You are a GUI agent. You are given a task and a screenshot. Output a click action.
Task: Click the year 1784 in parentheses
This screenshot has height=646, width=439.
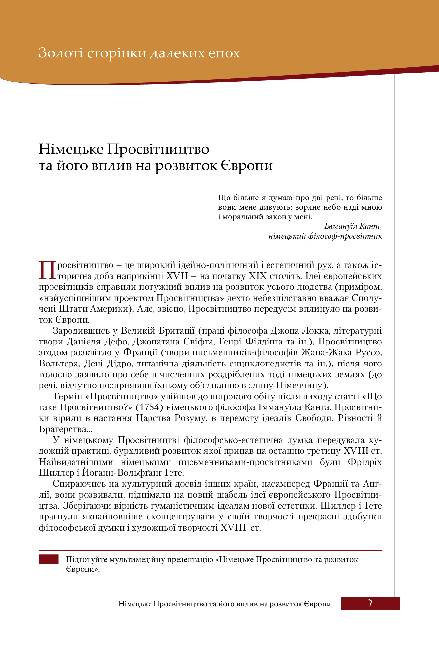(x=150, y=407)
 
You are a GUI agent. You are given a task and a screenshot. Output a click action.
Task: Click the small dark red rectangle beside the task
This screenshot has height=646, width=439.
(x=49, y=559)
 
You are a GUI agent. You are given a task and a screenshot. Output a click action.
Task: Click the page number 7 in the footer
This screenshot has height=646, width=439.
(x=370, y=603)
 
